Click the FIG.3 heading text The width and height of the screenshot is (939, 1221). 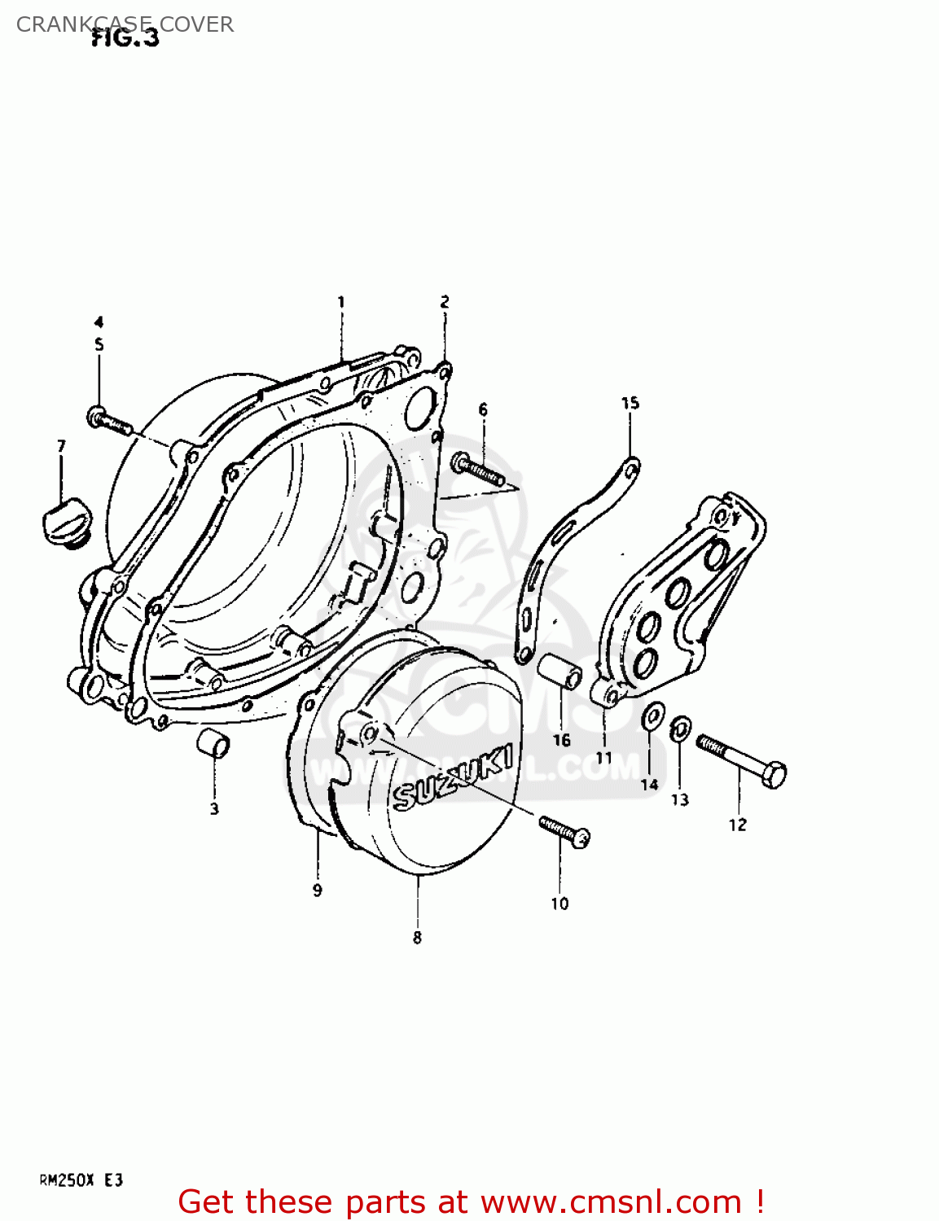pyautogui.click(x=125, y=37)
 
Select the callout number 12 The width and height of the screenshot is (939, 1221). pyautogui.click(x=737, y=825)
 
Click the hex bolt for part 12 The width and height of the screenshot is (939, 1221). pyautogui.click(x=742, y=759)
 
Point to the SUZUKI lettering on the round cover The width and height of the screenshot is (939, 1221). pyautogui.click(x=453, y=778)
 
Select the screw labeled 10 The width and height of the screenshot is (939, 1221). pyautogui.click(x=564, y=831)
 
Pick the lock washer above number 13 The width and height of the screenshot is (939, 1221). pyautogui.click(x=681, y=729)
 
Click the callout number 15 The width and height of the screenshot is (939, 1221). pyautogui.click(x=630, y=403)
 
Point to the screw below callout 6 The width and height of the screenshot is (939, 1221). pyautogui.click(x=479, y=470)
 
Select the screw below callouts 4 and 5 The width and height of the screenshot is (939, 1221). pyautogui.click(x=109, y=421)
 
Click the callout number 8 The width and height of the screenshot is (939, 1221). pyautogui.click(x=417, y=938)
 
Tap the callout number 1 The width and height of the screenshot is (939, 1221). pyautogui.click(x=341, y=302)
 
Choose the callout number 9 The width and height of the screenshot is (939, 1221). pyautogui.click(x=318, y=891)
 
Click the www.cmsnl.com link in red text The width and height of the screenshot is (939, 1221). pyautogui.click(x=611, y=1201)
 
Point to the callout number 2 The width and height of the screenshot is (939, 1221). pyautogui.click(x=445, y=302)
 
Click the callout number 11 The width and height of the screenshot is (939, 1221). pyautogui.click(x=603, y=757)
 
